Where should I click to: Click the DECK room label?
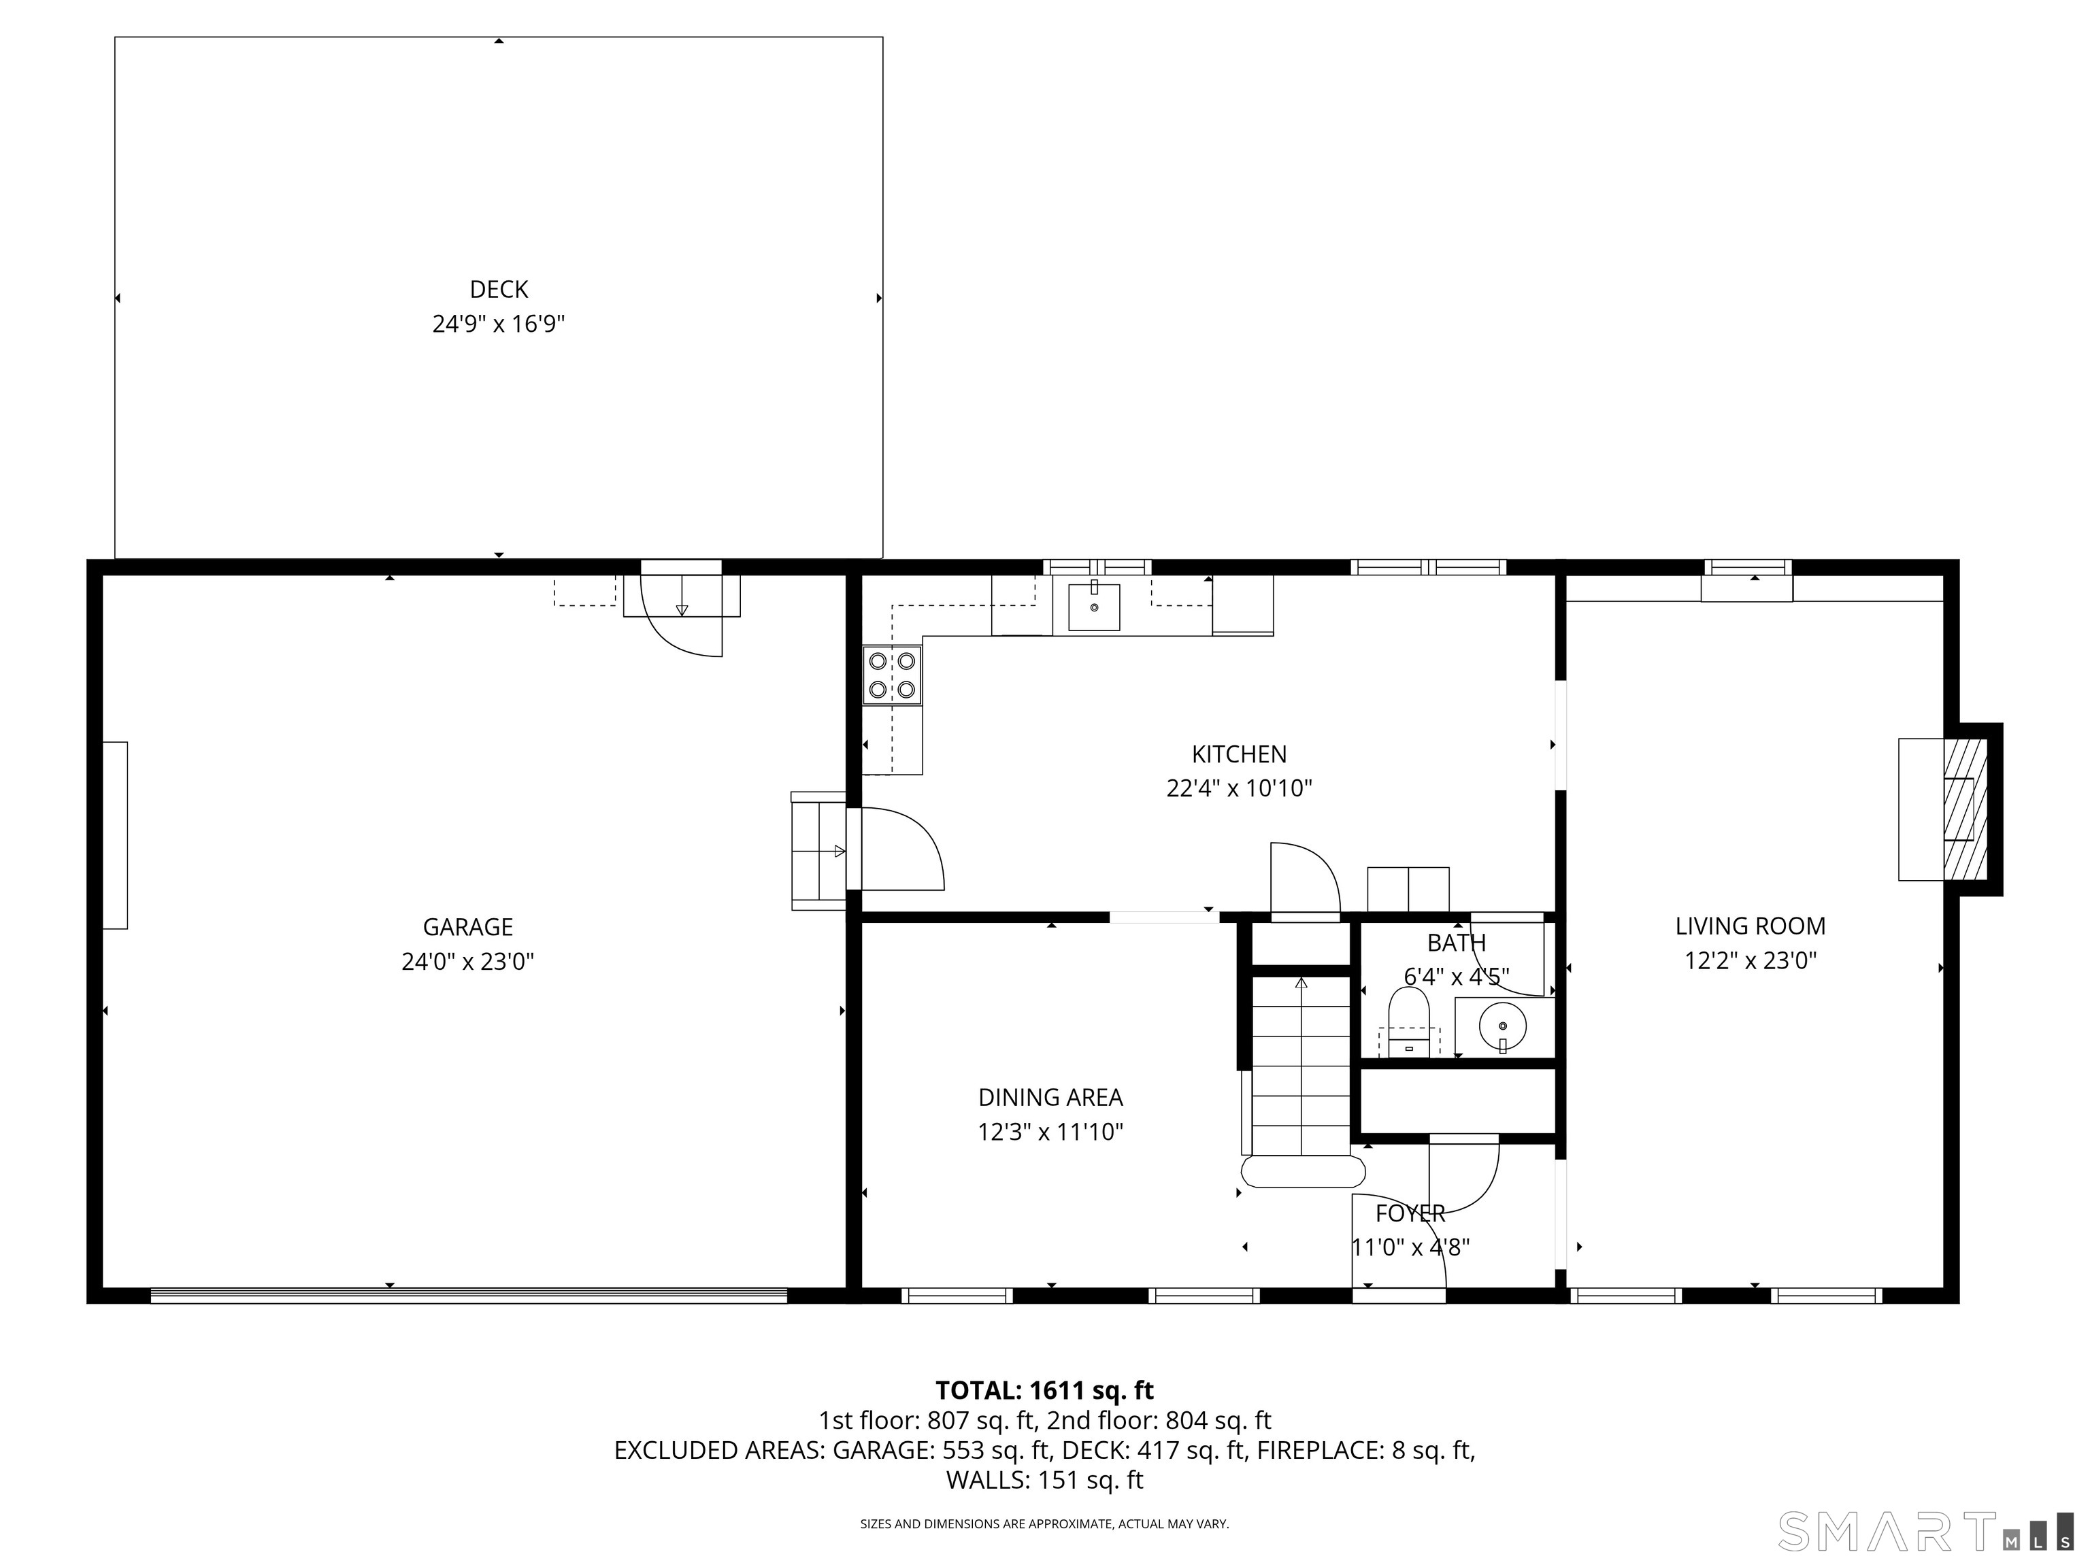499,290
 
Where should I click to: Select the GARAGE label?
467,926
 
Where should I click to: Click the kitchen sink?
1094,607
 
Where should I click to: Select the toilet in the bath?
1409,1021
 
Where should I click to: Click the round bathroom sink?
1502,1025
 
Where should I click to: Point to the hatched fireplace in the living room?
1965,809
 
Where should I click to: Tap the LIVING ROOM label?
1751,926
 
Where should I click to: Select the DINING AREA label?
1050,1098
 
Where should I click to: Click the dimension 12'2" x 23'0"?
1751,960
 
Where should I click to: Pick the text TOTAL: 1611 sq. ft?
1044,1390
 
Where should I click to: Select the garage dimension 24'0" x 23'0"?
467,962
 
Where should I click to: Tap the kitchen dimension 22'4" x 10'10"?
1239,789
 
